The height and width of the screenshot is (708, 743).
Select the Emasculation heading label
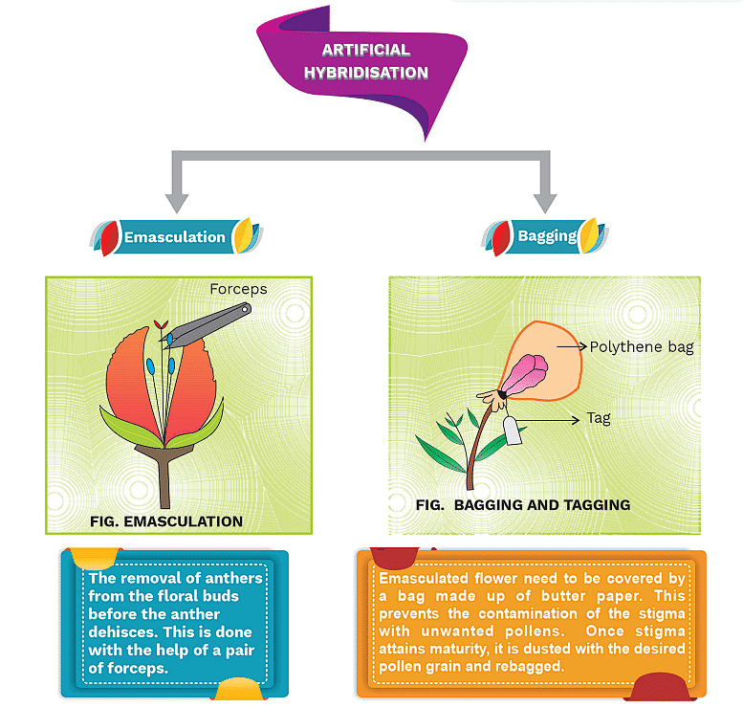tap(175, 236)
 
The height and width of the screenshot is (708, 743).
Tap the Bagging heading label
tap(546, 235)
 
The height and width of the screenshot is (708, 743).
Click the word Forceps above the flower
tap(237, 288)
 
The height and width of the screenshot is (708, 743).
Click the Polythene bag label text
tap(641, 347)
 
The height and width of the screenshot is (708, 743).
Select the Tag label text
tap(599, 417)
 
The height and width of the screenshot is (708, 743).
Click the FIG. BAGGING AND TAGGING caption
tap(523, 504)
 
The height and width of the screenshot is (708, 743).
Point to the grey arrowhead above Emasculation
tap(175, 202)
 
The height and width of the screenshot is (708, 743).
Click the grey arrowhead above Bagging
tap(545, 202)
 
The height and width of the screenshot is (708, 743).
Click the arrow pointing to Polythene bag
tap(571, 347)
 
